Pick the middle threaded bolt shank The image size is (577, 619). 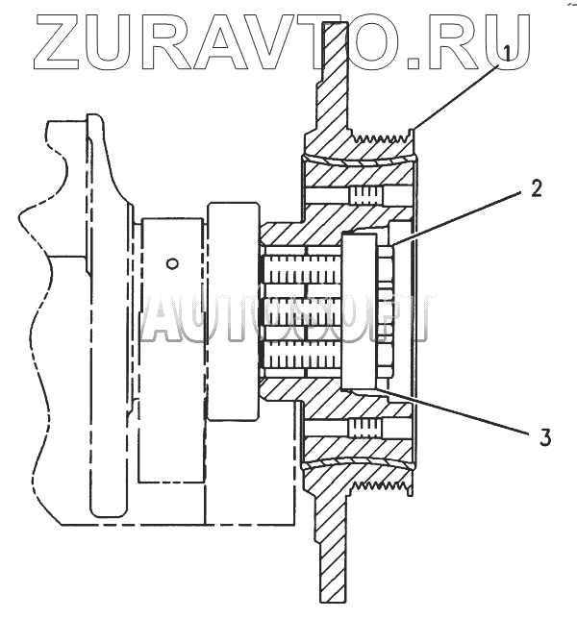tap(298, 311)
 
